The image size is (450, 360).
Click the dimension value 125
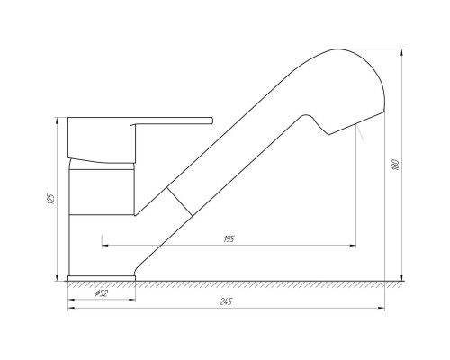(x=51, y=199)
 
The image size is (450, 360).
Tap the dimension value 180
(x=396, y=165)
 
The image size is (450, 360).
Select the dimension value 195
(x=229, y=239)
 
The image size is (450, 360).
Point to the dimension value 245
(x=226, y=301)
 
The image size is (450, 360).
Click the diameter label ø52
(x=102, y=293)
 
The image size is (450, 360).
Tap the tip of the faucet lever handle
(x=212, y=121)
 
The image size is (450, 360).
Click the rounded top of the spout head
(x=339, y=49)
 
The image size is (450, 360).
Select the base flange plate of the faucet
(x=102, y=278)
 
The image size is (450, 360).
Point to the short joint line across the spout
(x=179, y=202)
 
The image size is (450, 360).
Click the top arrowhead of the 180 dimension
(x=401, y=53)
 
